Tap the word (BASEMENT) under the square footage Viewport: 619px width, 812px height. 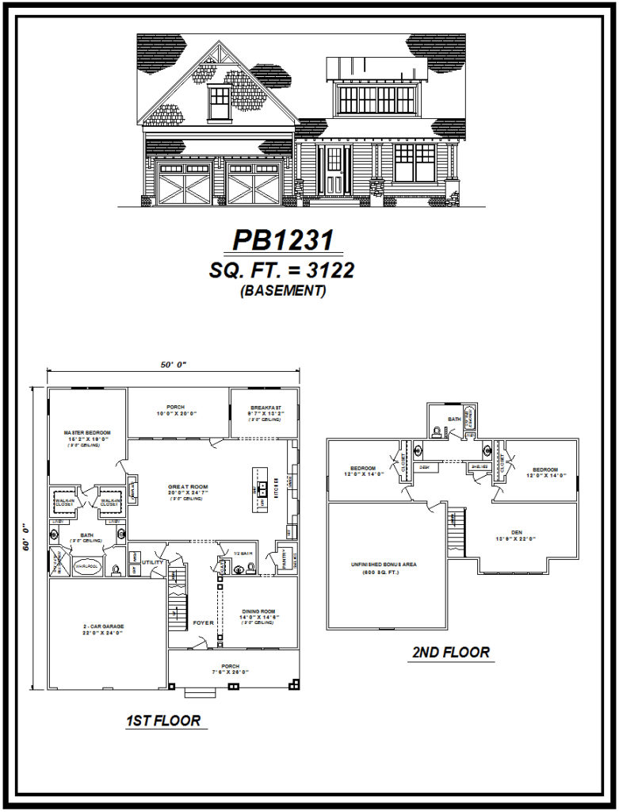282,291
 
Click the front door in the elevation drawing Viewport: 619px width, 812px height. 334,170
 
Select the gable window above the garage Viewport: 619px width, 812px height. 220,102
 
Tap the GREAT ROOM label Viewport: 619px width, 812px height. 187,487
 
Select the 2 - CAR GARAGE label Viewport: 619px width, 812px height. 106,626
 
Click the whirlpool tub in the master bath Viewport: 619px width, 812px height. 85,568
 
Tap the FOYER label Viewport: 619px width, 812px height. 204,623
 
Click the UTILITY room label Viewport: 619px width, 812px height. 153,562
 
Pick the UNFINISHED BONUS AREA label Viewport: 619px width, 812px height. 385,565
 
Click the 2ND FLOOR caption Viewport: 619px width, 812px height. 451,653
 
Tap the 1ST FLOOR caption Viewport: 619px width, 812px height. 163,721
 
